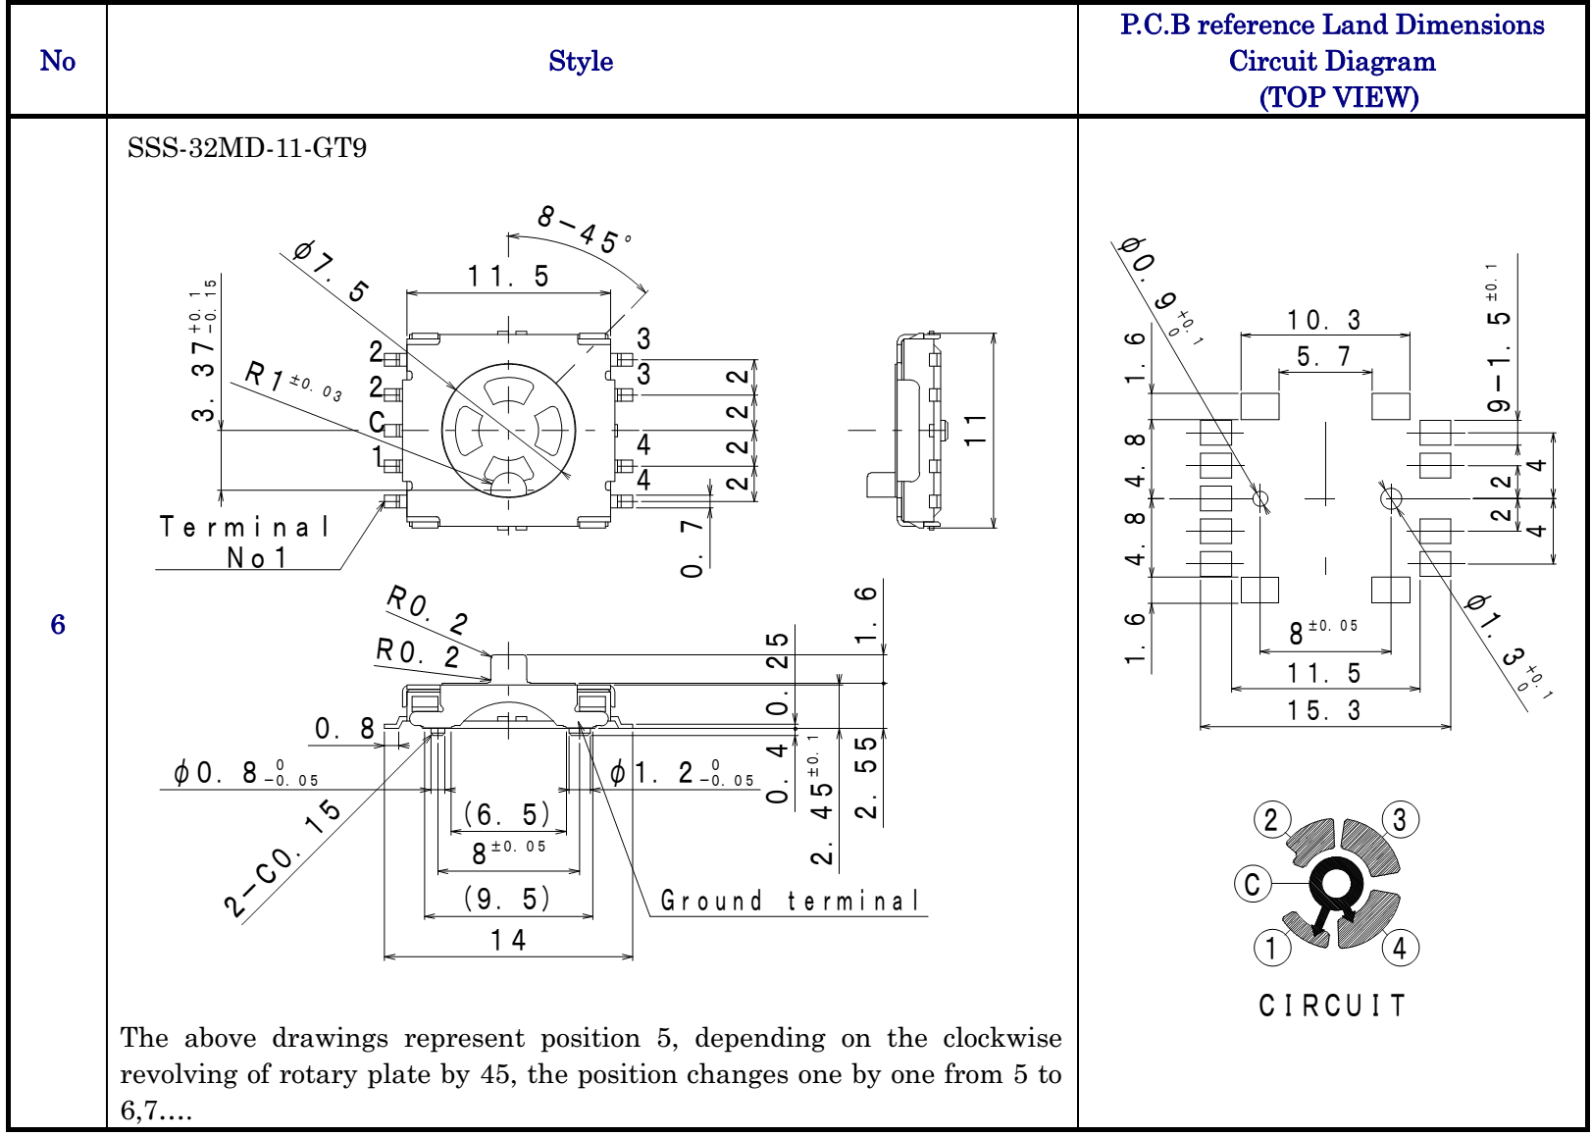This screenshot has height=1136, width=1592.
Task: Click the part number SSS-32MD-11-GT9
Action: click(246, 148)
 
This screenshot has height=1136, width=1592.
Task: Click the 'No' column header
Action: click(58, 61)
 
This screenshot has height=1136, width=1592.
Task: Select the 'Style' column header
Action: click(581, 61)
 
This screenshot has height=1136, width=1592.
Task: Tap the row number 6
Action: click(58, 624)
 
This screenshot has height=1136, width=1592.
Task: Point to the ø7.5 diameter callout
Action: click(332, 271)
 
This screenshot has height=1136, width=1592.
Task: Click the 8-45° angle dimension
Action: click(585, 229)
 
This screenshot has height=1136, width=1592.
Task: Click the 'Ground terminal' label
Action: click(790, 901)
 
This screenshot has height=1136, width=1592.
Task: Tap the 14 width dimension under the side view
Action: click(508, 941)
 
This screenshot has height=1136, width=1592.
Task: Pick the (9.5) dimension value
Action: click(507, 899)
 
